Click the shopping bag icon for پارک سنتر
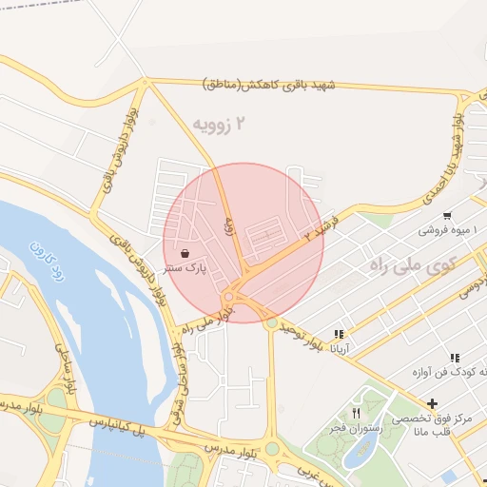coord(184,254)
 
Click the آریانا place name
coord(339,349)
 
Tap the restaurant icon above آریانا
coord(339,334)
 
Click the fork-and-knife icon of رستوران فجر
coord(356,413)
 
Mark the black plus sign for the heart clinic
coord(434,401)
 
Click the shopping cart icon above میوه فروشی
coord(447,215)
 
